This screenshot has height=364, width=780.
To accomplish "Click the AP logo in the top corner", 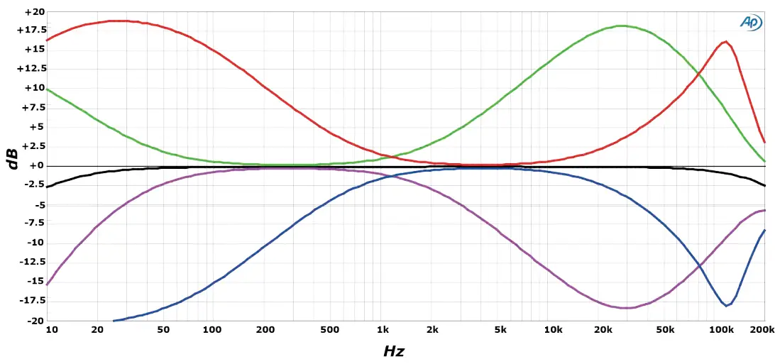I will coord(751,22).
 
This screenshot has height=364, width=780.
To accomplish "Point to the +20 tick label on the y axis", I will coord(34,12).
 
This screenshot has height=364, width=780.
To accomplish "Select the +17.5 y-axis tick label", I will coord(31,31).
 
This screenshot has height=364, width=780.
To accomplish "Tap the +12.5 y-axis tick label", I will coord(31,69).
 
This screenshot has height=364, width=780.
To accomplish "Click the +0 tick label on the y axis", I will coord(36,165).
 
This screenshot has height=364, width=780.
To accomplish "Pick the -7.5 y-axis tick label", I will coord(33,224).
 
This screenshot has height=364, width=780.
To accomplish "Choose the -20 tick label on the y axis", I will coord(35,320).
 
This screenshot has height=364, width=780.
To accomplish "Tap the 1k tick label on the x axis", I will coord(383,330).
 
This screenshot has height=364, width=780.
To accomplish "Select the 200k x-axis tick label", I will coord(762,330).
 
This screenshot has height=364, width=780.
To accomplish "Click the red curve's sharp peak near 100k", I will coord(725,42).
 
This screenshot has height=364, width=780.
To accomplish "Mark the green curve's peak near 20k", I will coord(622,26).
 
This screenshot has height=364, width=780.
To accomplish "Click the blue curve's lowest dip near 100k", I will coord(726,306).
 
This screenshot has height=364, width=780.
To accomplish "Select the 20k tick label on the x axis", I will coord(603,330).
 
